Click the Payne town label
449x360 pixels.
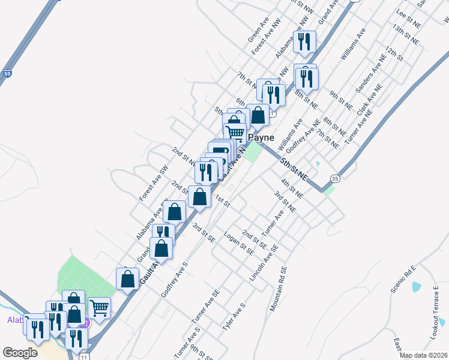click(261, 137)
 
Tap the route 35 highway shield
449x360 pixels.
click(335, 178)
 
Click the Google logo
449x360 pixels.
click(20, 353)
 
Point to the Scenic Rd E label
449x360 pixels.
click(403, 279)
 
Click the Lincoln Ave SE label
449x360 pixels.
click(264, 263)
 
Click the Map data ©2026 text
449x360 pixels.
click(423, 355)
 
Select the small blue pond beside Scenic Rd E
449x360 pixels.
click(416, 286)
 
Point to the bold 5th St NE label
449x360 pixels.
click(294, 170)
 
